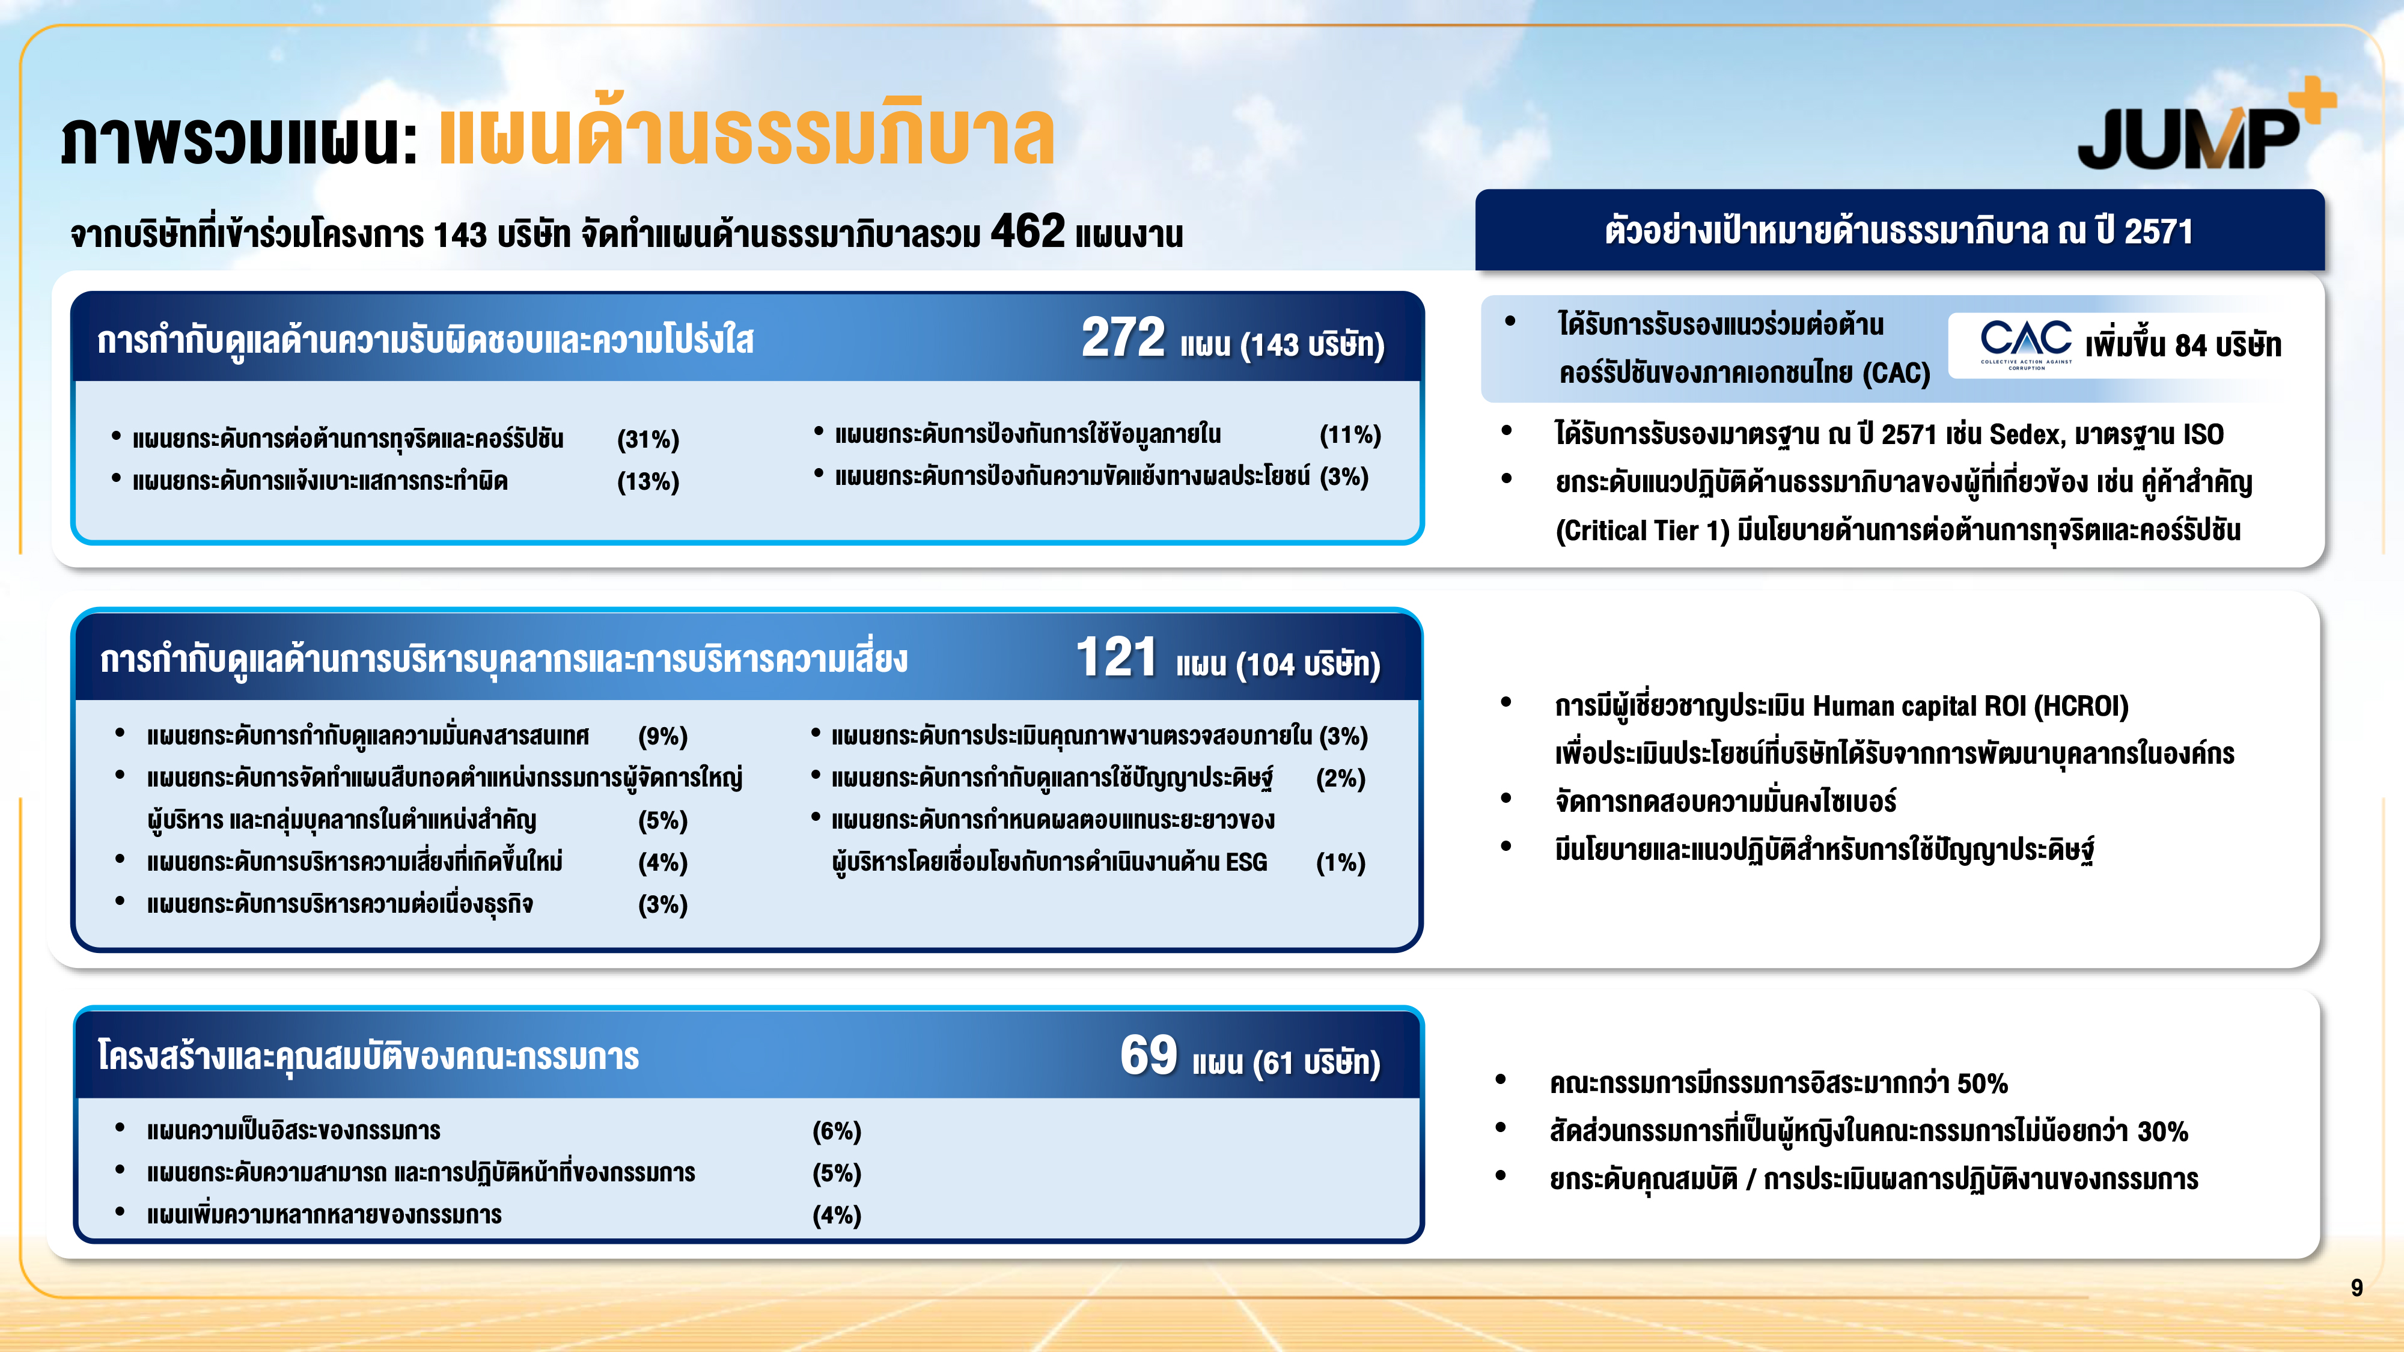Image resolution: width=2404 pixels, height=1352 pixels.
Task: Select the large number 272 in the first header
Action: [1123, 337]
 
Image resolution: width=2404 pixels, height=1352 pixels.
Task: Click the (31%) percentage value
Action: [648, 439]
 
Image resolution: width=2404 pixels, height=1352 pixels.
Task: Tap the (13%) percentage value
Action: [648, 481]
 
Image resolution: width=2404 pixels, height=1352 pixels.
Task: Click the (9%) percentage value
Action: [662, 736]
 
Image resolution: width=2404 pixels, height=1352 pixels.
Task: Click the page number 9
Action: [2357, 1288]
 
